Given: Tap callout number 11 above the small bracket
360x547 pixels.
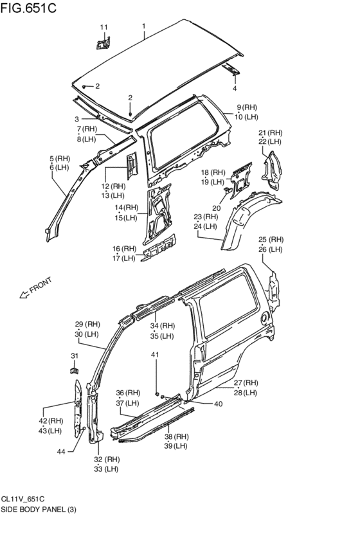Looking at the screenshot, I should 104,27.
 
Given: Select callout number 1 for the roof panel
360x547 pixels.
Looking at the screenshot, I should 144,26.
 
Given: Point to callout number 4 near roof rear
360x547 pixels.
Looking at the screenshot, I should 235,89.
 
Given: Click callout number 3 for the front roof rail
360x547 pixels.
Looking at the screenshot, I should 76,119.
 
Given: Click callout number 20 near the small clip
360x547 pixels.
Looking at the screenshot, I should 216,208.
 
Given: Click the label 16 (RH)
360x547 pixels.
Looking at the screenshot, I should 124,249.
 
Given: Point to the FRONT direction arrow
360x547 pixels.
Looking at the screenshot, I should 24,294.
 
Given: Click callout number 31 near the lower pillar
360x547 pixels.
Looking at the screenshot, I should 75,355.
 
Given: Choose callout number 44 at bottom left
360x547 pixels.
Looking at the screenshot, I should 61,452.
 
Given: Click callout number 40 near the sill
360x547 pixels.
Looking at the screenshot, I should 219,404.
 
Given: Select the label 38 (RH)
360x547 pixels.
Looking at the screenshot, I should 175,436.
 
